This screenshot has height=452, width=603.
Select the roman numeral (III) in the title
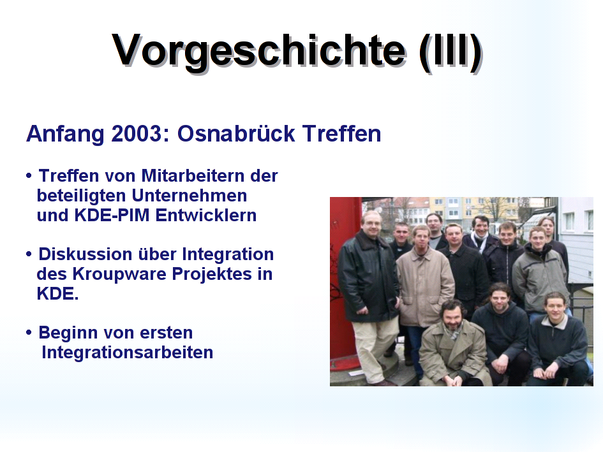pos(450,53)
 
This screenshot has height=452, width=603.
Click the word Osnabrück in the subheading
pos(235,134)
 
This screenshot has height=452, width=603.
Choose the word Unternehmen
pos(190,196)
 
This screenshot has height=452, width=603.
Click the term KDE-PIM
pos(112,215)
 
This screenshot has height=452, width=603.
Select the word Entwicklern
pos(205,215)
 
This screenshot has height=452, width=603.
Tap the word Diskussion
pos(86,254)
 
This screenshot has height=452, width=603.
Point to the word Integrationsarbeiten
pos(127,353)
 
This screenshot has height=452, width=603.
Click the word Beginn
pos(68,333)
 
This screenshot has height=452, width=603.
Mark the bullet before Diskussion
pos(29,254)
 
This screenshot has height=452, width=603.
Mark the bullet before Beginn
pos(29,332)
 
